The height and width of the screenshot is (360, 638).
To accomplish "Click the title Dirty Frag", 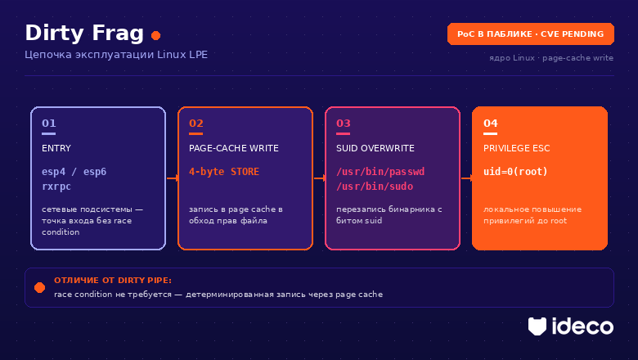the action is tap(84, 34).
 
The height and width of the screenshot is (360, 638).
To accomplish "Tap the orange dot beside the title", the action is tap(156, 36).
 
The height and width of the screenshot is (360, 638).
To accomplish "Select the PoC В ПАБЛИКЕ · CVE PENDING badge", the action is tap(531, 34).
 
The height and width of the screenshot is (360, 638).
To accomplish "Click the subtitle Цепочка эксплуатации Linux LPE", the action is tap(116, 55).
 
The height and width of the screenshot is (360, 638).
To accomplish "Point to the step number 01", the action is tap(49, 124).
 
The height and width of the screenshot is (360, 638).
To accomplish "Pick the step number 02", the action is tap(196, 124).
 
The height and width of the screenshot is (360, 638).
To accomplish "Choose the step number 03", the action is tap(344, 124).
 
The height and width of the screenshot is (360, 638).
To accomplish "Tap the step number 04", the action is tap(491, 124).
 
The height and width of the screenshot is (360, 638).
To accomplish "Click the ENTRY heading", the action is tap(56, 148).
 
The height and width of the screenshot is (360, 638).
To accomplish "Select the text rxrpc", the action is tap(56, 187).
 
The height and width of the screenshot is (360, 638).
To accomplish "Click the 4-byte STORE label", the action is tap(224, 172).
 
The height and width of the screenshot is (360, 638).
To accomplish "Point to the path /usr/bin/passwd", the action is tap(380, 172).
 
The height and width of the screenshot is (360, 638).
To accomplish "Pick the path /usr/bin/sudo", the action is tap(375, 187).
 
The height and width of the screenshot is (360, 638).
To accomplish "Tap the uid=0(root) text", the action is tap(515, 172).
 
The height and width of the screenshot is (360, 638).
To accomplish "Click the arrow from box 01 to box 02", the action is tap(173, 178).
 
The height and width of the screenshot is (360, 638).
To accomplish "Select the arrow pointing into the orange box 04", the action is tap(467, 178).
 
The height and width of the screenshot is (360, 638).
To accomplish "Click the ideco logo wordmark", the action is tap(582, 326).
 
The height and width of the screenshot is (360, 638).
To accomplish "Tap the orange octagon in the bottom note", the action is tap(40, 288).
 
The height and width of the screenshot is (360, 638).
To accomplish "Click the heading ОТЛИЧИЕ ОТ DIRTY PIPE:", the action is tap(113, 281).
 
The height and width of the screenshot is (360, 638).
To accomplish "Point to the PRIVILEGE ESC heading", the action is tap(516, 148).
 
